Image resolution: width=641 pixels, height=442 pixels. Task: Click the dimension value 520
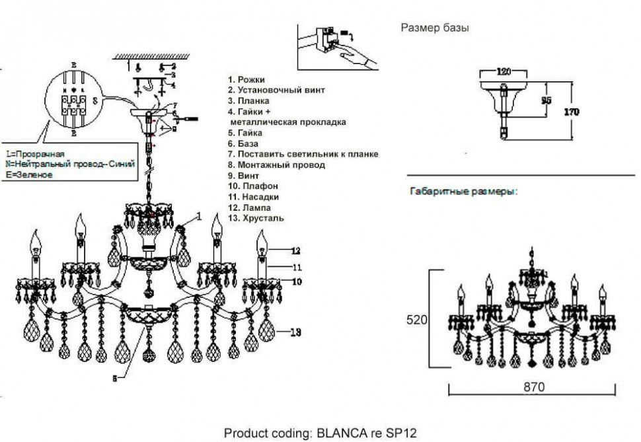417,320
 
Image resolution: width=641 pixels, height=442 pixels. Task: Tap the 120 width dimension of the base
504,71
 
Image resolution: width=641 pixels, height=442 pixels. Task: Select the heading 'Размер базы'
435,28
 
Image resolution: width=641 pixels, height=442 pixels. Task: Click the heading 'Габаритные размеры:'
464,192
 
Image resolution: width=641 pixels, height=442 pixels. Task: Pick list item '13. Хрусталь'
256,218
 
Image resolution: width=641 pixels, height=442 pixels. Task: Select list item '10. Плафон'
252,186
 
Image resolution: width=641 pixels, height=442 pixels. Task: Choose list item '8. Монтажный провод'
276,165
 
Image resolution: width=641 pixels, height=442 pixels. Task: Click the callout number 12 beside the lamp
295,250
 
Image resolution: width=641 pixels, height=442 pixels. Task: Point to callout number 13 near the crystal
295,332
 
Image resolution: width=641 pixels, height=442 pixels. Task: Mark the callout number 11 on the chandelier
295,266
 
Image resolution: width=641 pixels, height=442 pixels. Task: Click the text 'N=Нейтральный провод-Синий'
70,163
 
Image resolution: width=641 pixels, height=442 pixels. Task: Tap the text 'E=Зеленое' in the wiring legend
28,174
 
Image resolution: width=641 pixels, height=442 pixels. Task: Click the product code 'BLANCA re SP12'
367,433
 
